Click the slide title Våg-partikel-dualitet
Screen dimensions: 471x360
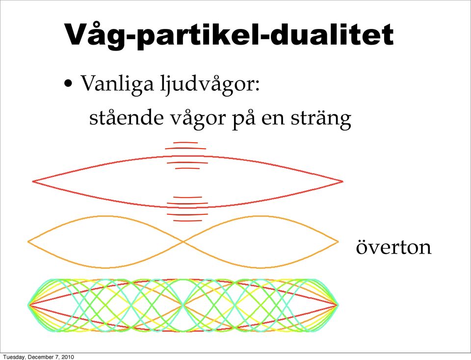229,35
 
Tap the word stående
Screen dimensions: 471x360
127,118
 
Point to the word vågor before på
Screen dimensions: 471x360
198,119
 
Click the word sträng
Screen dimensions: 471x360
321,119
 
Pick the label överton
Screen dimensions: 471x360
393,247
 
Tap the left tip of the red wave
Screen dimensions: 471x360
32,181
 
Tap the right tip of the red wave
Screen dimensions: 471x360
343,181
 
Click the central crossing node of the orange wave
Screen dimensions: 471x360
183,242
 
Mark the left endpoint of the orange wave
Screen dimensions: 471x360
28,242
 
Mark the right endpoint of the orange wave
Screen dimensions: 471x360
339,242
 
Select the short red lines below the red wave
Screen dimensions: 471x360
187,209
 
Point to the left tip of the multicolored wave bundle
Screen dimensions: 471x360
28,305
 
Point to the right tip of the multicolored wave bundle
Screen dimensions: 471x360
338,305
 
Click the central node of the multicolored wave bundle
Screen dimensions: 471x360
183,305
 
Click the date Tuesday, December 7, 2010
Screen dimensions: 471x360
38,357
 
